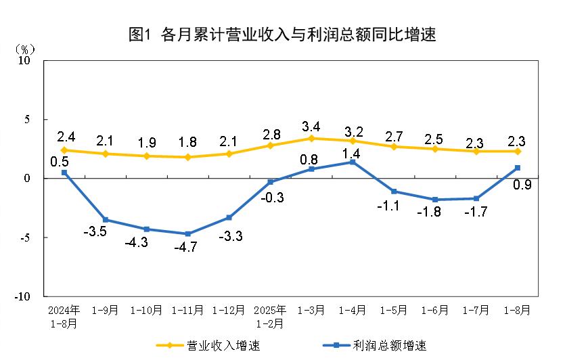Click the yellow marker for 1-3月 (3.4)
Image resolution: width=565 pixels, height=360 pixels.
coord(311,138)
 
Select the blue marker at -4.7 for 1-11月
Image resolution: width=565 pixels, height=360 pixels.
coord(187,233)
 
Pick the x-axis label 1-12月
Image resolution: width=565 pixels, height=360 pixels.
coord(229,311)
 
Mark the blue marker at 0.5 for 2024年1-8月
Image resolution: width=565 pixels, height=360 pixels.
coord(64,173)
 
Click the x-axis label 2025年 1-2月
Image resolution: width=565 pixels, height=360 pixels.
coord(270,316)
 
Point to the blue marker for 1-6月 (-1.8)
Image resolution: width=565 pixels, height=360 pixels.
coord(435,200)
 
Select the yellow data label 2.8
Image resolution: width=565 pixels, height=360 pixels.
coord(270,133)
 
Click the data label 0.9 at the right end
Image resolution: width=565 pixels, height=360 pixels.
coord(521,183)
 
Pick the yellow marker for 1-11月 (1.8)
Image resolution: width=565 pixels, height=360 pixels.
coord(187,157)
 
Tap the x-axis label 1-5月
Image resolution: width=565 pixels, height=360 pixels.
coord(394,311)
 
